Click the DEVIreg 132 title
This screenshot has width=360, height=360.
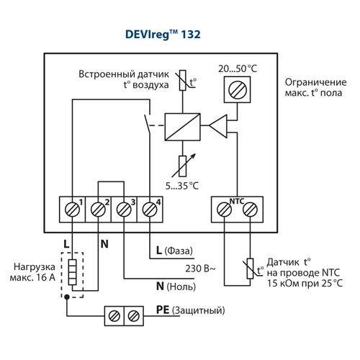pyautogui.click(x=163, y=35)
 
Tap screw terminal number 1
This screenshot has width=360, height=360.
pyautogui.click(x=72, y=210)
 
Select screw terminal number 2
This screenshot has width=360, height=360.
pyautogui.click(x=98, y=210)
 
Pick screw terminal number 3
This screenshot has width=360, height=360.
pyautogui.click(x=124, y=210)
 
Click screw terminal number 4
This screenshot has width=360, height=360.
pyautogui.click(x=150, y=210)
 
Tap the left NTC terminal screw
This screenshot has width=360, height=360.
pyautogui.click(x=224, y=210)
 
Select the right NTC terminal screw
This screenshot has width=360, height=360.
pyautogui.click(x=250, y=210)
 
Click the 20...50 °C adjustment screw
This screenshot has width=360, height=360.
pyautogui.click(x=238, y=90)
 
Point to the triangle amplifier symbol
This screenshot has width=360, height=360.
pyautogui.click(x=218, y=126)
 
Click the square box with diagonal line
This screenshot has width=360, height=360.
pyautogui.click(x=182, y=127)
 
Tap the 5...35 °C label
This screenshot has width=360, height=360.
pyautogui.click(x=182, y=186)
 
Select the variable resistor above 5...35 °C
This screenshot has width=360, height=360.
pyautogui.click(x=183, y=166)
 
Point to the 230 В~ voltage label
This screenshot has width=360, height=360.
pyautogui.click(x=200, y=269)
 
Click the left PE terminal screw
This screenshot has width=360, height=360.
pyautogui.click(x=114, y=316)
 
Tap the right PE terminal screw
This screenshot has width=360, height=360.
pyautogui.click(x=134, y=316)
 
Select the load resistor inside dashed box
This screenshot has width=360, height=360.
pyautogui.click(x=73, y=272)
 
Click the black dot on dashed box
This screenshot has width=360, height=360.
pyautogui.click(x=67, y=297)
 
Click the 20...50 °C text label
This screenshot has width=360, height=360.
pyautogui.click(x=238, y=69)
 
